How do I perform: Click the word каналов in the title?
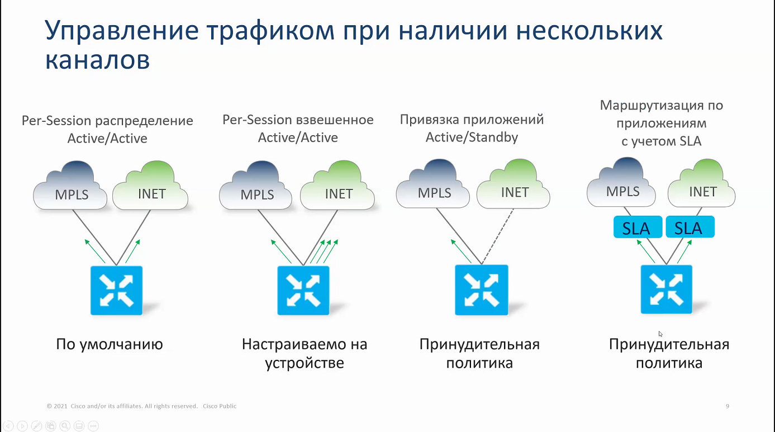click(x=97, y=60)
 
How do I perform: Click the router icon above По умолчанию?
click(x=117, y=291)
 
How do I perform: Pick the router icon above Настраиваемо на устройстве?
click(x=303, y=291)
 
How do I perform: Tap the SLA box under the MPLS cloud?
click(x=638, y=227)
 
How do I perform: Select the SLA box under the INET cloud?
click(x=690, y=227)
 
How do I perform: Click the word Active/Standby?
click(x=472, y=137)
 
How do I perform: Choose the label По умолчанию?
click(x=110, y=344)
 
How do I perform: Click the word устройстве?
click(x=305, y=363)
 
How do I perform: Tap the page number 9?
click(x=728, y=406)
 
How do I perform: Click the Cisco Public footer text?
click(x=220, y=406)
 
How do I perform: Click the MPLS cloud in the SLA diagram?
click(x=621, y=182)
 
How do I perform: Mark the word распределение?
click(x=144, y=121)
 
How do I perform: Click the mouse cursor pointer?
click(x=660, y=334)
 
